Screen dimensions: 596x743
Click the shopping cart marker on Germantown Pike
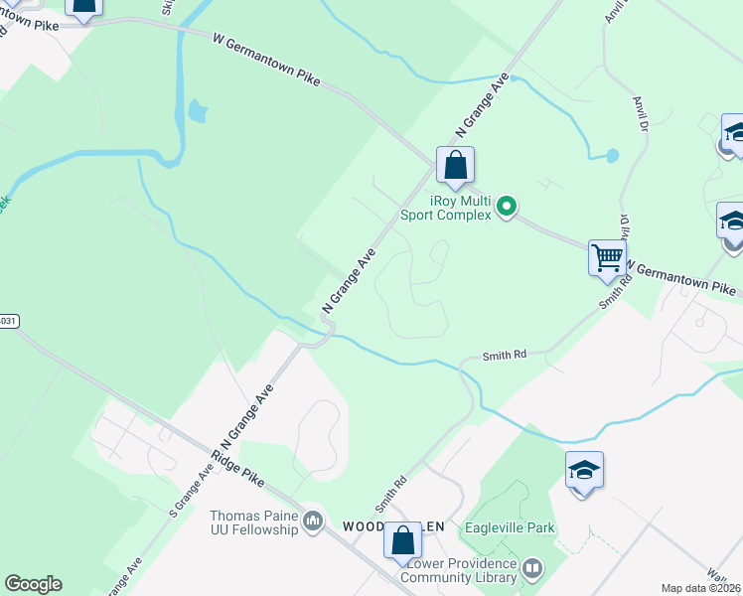[606, 257]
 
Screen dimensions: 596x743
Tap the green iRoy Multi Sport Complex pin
[507, 207]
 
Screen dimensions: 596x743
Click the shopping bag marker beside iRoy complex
[455, 165]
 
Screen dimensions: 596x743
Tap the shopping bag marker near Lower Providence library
[402, 540]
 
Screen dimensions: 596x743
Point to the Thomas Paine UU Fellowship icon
[313, 521]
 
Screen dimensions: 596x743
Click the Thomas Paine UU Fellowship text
[253, 522]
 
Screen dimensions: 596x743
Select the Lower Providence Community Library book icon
[532, 569]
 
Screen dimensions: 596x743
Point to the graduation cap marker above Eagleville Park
[584, 469]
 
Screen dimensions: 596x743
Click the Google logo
[33, 584]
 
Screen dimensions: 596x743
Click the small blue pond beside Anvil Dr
[611, 156]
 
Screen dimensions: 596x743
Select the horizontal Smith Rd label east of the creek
[504, 355]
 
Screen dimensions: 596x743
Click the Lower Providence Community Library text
[463, 570]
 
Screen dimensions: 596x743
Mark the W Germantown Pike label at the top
[267, 59]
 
